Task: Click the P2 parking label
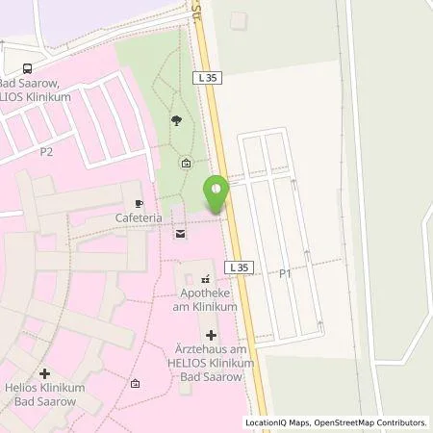[45, 152]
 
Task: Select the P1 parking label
[285, 274]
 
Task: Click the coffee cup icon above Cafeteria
[140, 204]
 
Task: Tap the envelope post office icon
[179, 234]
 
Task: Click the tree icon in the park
[175, 120]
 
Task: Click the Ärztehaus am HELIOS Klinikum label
[212, 364]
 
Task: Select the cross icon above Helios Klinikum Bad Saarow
[44, 372]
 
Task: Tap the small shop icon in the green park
[186, 162]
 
